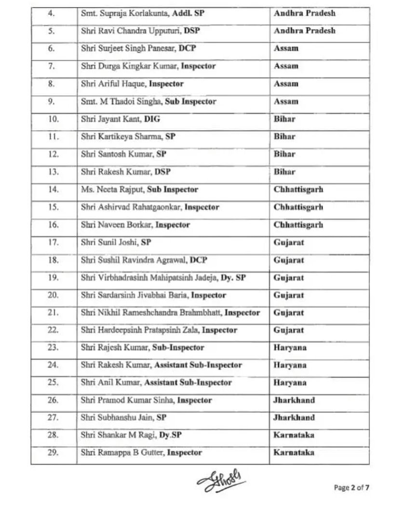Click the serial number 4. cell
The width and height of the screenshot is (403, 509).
tap(53, 13)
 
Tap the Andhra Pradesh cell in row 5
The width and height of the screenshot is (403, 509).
tap(304, 30)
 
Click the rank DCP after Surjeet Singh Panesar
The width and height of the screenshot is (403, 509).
tap(187, 48)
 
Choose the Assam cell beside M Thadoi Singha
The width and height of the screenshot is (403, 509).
tap(286, 101)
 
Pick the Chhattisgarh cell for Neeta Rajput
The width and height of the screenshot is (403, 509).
tap(298, 189)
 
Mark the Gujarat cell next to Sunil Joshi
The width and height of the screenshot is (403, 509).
tap(289, 242)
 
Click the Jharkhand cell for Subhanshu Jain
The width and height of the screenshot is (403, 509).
tap(294, 417)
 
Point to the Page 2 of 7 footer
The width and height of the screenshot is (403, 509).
tap(351, 487)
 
